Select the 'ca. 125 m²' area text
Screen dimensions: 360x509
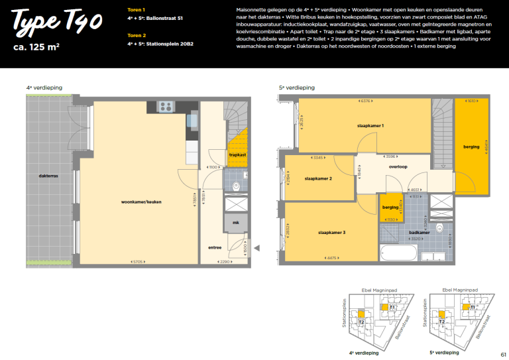click(x=41, y=48)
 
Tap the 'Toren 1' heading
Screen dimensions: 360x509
click(x=136, y=10)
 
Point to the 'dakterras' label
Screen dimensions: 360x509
click(x=48, y=176)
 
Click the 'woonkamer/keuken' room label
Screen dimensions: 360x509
click(x=141, y=202)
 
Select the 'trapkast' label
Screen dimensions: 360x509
click(x=237, y=154)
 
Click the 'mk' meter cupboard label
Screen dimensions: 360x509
click(x=235, y=223)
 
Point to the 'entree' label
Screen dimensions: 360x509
click(x=215, y=247)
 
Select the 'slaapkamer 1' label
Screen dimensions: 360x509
click(x=370, y=125)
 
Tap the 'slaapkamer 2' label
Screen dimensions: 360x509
click(x=318, y=178)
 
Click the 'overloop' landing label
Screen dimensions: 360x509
click(x=398, y=166)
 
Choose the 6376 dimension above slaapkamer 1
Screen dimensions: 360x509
click(x=365, y=101)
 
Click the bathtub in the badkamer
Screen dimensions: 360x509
click(x=398, y=255)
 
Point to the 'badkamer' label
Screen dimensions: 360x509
click(x=419, y=233)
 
